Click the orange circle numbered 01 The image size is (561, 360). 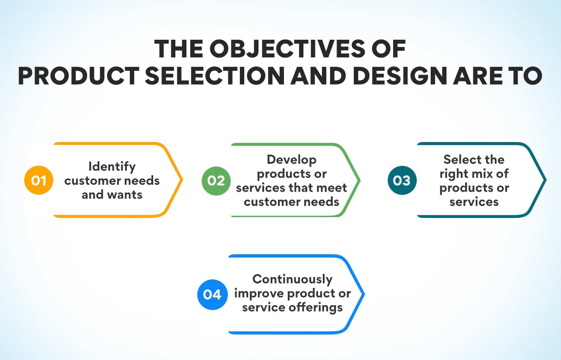(x=38, y=180)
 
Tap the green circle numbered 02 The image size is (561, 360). (x=216, y=180)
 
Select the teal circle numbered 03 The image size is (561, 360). (x=402, y=180)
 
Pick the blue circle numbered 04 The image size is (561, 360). (x=212, y=294)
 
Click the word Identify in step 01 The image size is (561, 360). (x=112, y=166)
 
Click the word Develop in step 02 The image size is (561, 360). (x=291, y=159)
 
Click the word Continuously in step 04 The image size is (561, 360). (x=292, y=279)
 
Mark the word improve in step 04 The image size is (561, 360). (x=258, y=294)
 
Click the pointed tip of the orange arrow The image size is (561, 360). (x=183, y=180)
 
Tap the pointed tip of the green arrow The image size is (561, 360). (x=360, y=180)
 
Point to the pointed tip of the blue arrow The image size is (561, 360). (x=365, y=294)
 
